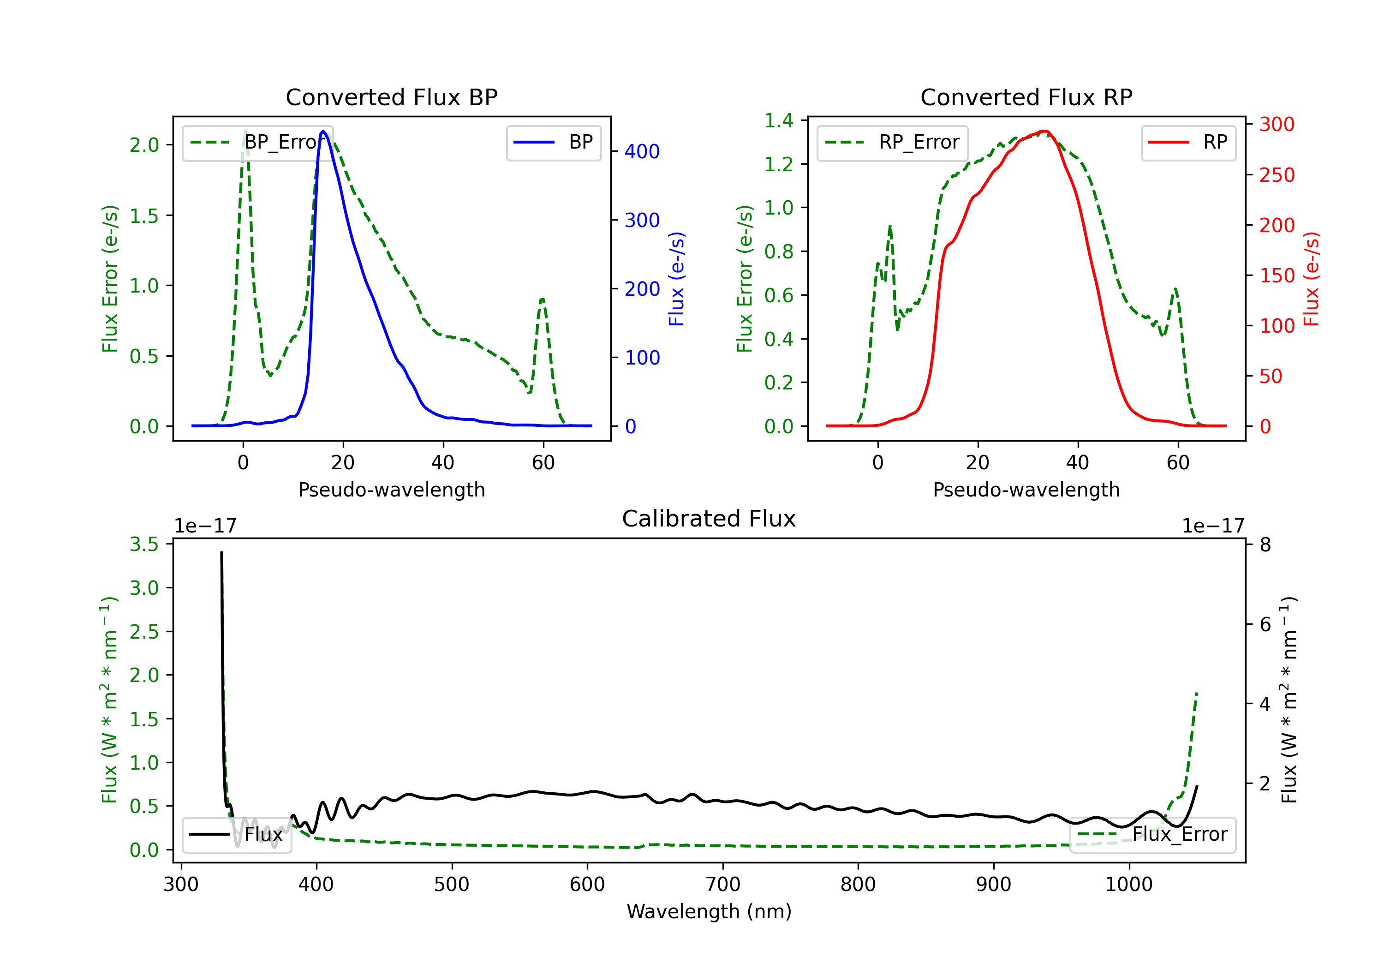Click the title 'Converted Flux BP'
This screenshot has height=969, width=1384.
click(391, 97)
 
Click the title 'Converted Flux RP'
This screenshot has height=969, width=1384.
click(1026, 97)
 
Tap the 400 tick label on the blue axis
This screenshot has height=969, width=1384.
click(642, 151)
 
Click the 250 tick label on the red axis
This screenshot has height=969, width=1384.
click(1277, 175)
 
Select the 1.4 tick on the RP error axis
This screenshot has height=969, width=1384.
click(779, 120)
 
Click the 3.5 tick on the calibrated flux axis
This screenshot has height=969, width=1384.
click(144, 544)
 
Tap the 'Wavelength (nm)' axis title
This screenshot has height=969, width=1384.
click(709, 911)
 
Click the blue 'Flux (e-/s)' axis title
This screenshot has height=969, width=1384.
click(676, 279)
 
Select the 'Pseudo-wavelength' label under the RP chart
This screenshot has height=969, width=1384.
click(1026, 490)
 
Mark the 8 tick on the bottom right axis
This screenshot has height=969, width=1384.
click(1265, 544)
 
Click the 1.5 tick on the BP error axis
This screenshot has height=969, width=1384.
click(144, 215)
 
